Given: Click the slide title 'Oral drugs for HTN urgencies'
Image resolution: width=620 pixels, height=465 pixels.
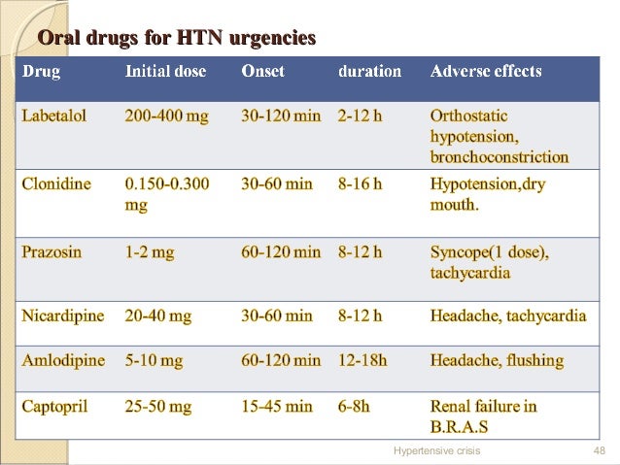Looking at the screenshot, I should (176, 39).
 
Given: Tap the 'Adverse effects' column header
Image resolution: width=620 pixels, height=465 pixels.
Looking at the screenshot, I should (486, 72).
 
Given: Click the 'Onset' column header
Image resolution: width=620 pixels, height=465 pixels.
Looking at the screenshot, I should (264, 72).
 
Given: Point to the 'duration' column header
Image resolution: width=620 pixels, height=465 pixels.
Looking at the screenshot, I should (369, 72).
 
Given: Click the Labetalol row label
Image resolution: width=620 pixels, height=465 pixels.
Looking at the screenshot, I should (54, 116).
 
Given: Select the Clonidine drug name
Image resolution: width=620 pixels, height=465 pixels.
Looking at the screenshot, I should (56, 184).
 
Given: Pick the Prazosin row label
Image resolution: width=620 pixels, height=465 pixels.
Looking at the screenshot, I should (52, 252).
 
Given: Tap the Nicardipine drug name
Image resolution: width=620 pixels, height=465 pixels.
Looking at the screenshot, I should (61, 316).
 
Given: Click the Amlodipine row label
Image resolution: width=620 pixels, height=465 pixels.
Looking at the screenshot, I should (63, 360).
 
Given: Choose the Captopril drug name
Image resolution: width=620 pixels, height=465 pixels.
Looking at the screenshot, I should (55, 407).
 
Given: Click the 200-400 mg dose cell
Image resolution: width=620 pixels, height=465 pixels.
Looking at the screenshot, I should (166, 116).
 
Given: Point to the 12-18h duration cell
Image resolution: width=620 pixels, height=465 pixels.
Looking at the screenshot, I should (362, 360).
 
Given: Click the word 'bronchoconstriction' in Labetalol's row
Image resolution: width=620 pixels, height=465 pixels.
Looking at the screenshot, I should (499, 156).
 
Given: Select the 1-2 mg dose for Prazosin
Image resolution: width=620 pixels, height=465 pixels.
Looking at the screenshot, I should (150, 252).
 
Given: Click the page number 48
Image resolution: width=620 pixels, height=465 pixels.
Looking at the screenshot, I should (599, 451).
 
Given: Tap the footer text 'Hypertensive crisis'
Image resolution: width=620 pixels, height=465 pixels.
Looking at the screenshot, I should (436, 451).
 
